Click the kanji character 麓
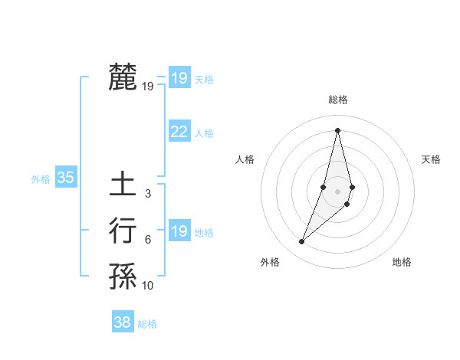(123, 77)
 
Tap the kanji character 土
(123, 185)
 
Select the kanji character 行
(123, 231)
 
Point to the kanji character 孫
(123, 277)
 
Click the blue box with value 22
(179, 132)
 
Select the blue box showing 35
(65, 178)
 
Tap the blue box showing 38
(122, 322)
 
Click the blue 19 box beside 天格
(179, 77)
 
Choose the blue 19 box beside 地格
(179, 231)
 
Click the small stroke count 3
(148, 194)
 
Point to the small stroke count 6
(148, 240)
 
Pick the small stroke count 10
(148, 286)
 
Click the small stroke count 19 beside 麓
(148, 87)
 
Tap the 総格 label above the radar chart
(338, 100)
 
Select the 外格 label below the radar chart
(270, 262)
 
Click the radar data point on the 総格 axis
(337, 129)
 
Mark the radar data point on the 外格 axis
(302, 242)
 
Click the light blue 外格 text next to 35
(41, 179)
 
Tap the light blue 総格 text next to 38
(147, 324)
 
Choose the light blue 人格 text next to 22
(204, 133)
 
